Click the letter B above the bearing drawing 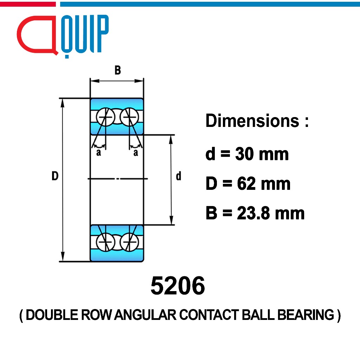tap(117, 70)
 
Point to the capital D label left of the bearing tap(55, 176)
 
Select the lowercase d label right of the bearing tap(178, 176)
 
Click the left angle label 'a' tap(98, 153)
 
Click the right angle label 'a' tap(136, 153)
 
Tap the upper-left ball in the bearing tap(105, 117)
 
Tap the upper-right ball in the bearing tap(129, 117)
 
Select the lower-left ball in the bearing tap(105, 242)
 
